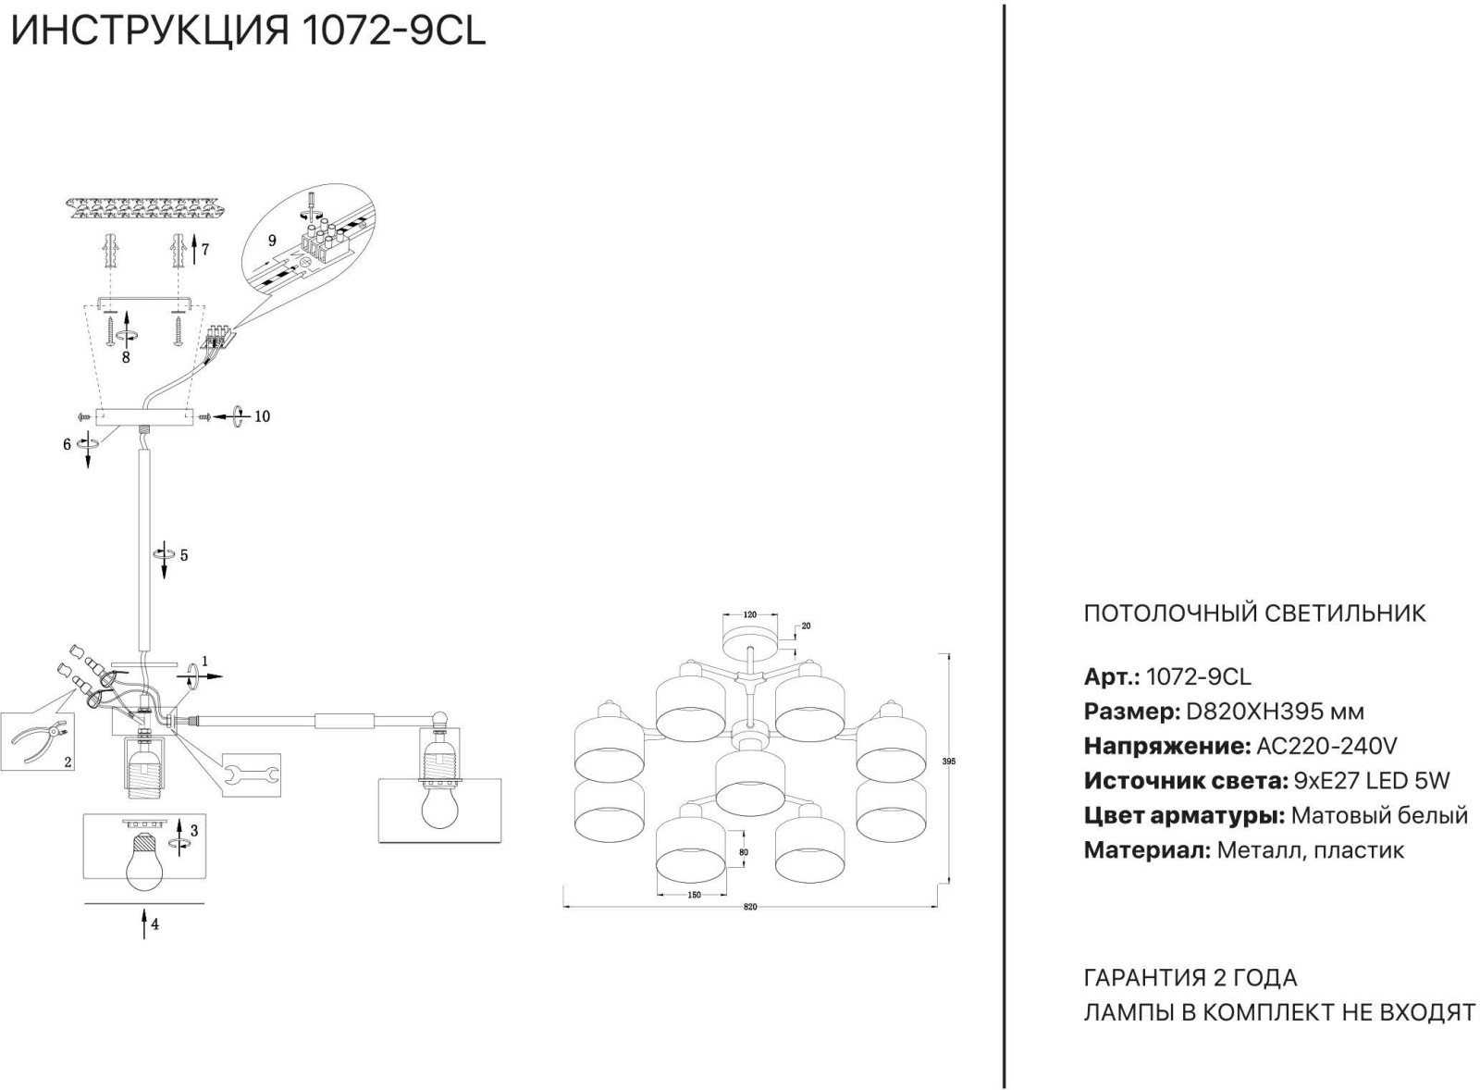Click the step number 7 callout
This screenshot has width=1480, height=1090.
[x=205, y=250]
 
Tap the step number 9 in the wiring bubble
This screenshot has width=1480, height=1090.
[x=272, y=242]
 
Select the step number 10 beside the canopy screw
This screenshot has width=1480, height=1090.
[x=263, y=416]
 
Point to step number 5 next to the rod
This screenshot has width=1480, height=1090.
[x=184, y=555]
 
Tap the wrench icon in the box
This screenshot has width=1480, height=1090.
[x=252, y=774]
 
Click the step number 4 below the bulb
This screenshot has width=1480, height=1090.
[x=154, y=924]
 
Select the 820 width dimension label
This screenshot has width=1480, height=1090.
[x=750, y=907]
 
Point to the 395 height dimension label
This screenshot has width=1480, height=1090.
[x=949, y=762]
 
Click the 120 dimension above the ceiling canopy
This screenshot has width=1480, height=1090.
[x=750, y=614]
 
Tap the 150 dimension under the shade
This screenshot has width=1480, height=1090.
[x=694, y=895]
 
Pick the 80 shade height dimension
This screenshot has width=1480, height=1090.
[x=744, y=853]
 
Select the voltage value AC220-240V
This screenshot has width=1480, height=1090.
[x=1326, y=747]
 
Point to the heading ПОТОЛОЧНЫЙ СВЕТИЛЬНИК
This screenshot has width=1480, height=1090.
[x=1254, y=613]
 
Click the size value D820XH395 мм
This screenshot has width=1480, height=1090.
[x=1276, y=712]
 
